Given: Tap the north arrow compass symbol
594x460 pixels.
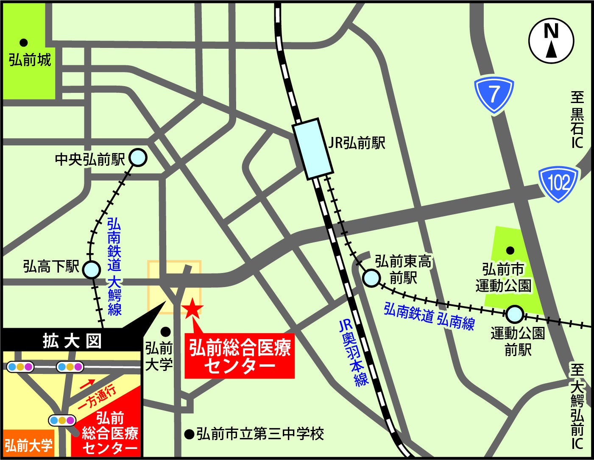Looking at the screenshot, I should pos(551,41).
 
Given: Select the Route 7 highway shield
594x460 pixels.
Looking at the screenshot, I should pos(494,95).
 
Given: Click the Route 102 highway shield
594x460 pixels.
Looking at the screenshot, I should pos(558,184).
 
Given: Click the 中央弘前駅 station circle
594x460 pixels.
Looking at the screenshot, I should pos(138,158).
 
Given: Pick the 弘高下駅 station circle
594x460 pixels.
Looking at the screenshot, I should pos(91,270).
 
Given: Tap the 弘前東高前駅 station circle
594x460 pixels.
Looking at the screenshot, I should pos(371,278).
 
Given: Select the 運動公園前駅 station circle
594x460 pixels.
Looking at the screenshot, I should pos(514,315).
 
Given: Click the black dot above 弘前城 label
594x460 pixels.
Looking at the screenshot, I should pos(24,42).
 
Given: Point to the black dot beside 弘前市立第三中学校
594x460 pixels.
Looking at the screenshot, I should pos(189,434).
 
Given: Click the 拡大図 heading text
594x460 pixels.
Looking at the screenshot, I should pos(72,341).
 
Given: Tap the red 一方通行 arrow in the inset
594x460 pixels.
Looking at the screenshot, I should pos(87,384).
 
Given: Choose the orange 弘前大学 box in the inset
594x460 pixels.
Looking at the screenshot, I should pos(29,445).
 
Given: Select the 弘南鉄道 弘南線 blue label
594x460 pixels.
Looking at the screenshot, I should pos(429,315).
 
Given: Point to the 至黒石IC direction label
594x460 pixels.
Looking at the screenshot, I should pos(577,120).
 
